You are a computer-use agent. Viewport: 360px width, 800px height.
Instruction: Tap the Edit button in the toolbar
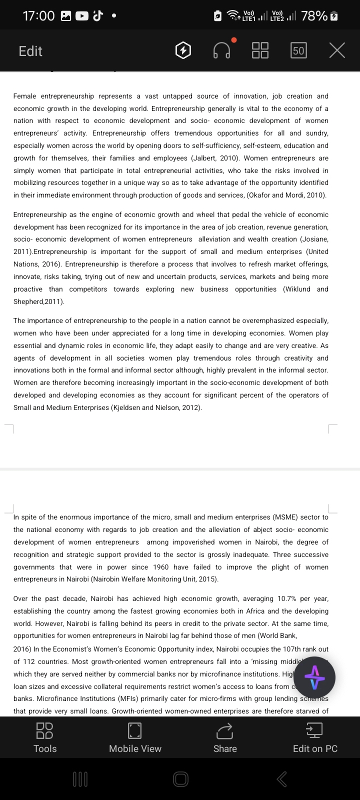pyautogui.click(x=30, y=51)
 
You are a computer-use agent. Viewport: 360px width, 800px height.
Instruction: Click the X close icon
pyautogui.click(x=337, y=50)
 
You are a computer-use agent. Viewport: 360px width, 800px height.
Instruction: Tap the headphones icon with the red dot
pyautogui.click(x=222, y=50)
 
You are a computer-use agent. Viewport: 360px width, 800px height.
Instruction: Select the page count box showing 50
pyautogui.click(x=298, y=50)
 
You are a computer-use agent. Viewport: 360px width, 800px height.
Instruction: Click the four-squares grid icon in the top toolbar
pyautogui.click(x=260, y=50)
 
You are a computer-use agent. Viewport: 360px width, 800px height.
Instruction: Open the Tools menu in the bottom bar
pyautogui.click(x=45, y=737)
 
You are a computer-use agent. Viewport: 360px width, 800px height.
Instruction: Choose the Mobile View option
pyautogui.click(x=135, y=737)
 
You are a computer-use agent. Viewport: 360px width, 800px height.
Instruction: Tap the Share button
pyautogui.click(x=225, y=737)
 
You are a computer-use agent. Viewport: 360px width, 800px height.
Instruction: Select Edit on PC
pyautogui.click(x=315, y=737)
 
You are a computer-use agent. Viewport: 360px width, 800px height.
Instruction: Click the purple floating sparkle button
pyautogui.click(x=314, y=677)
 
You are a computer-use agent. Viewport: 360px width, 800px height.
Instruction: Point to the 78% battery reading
pyautogui.click(x=314, y=16)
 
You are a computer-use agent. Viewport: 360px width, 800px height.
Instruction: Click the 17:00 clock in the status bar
pyautogui.click(x=38, y=16)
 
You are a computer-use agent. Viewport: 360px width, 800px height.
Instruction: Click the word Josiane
pyautogui.click(x=314, y=239)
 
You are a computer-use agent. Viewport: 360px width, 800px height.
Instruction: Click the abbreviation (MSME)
pyautogui.click(x=285, y=517)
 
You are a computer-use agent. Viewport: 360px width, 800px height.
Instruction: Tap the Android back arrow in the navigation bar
pyautogui.click(x=281, y=778)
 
